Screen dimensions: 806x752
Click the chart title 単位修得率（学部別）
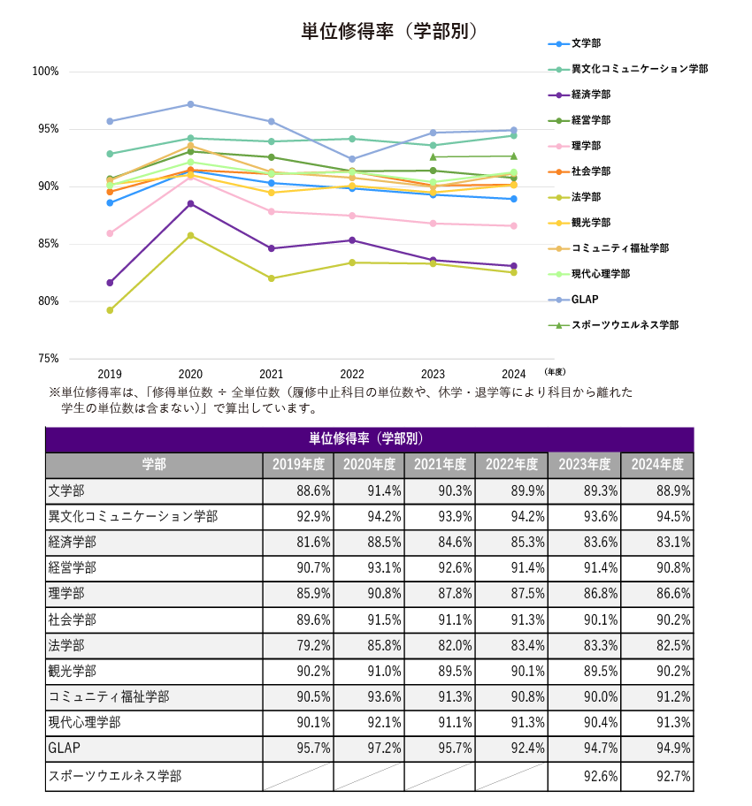[x=389, y=31]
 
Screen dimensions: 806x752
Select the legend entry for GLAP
[x=586, y=300]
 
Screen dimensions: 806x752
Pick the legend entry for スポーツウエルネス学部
[x=625, y=325]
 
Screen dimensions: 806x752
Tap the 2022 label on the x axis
[x=352, y=374]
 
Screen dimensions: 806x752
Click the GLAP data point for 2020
[x=190, y=104]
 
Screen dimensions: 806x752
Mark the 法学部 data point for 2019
[x=110, y=310]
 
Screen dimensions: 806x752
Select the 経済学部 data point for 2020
[x=190, y=204]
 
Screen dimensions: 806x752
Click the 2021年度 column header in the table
[x=440, y=465]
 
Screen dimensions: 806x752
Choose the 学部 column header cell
[x=154, y=465]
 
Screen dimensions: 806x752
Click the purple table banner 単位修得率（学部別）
[x=368, y=439]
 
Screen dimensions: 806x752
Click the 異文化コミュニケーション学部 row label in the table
[x=133, y=517]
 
